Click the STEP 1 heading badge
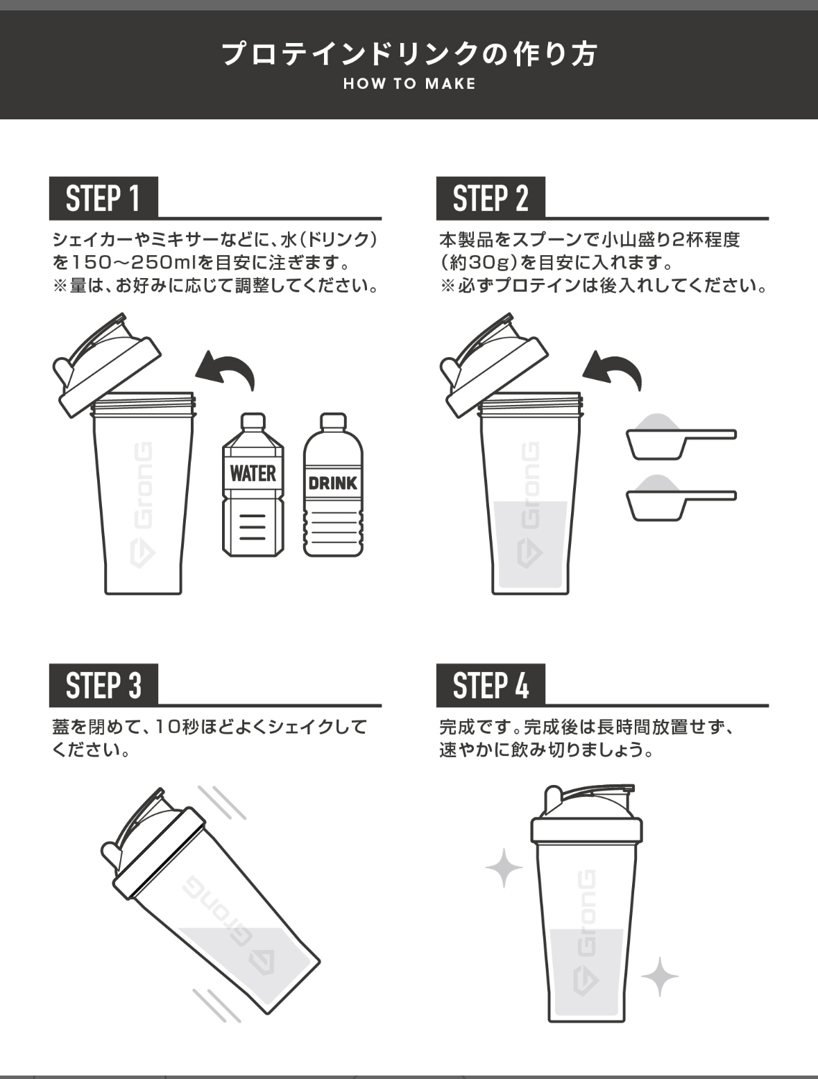[x=103, y=198]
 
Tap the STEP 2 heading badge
[x=491, y=198]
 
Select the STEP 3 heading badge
[x=103, y=685]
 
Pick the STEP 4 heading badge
[x=491, y=685]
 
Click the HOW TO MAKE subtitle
[x=409, y=84]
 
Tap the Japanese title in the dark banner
[x=409, y=53]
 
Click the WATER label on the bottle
[x=253, y=474]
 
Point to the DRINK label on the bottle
[x=333, y=483]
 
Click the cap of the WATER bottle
[x=253, y=421]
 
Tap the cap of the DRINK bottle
[x=333, y=421]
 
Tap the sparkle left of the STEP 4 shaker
[x=504, y=868]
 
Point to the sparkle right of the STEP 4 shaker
[x=660, y=976]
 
